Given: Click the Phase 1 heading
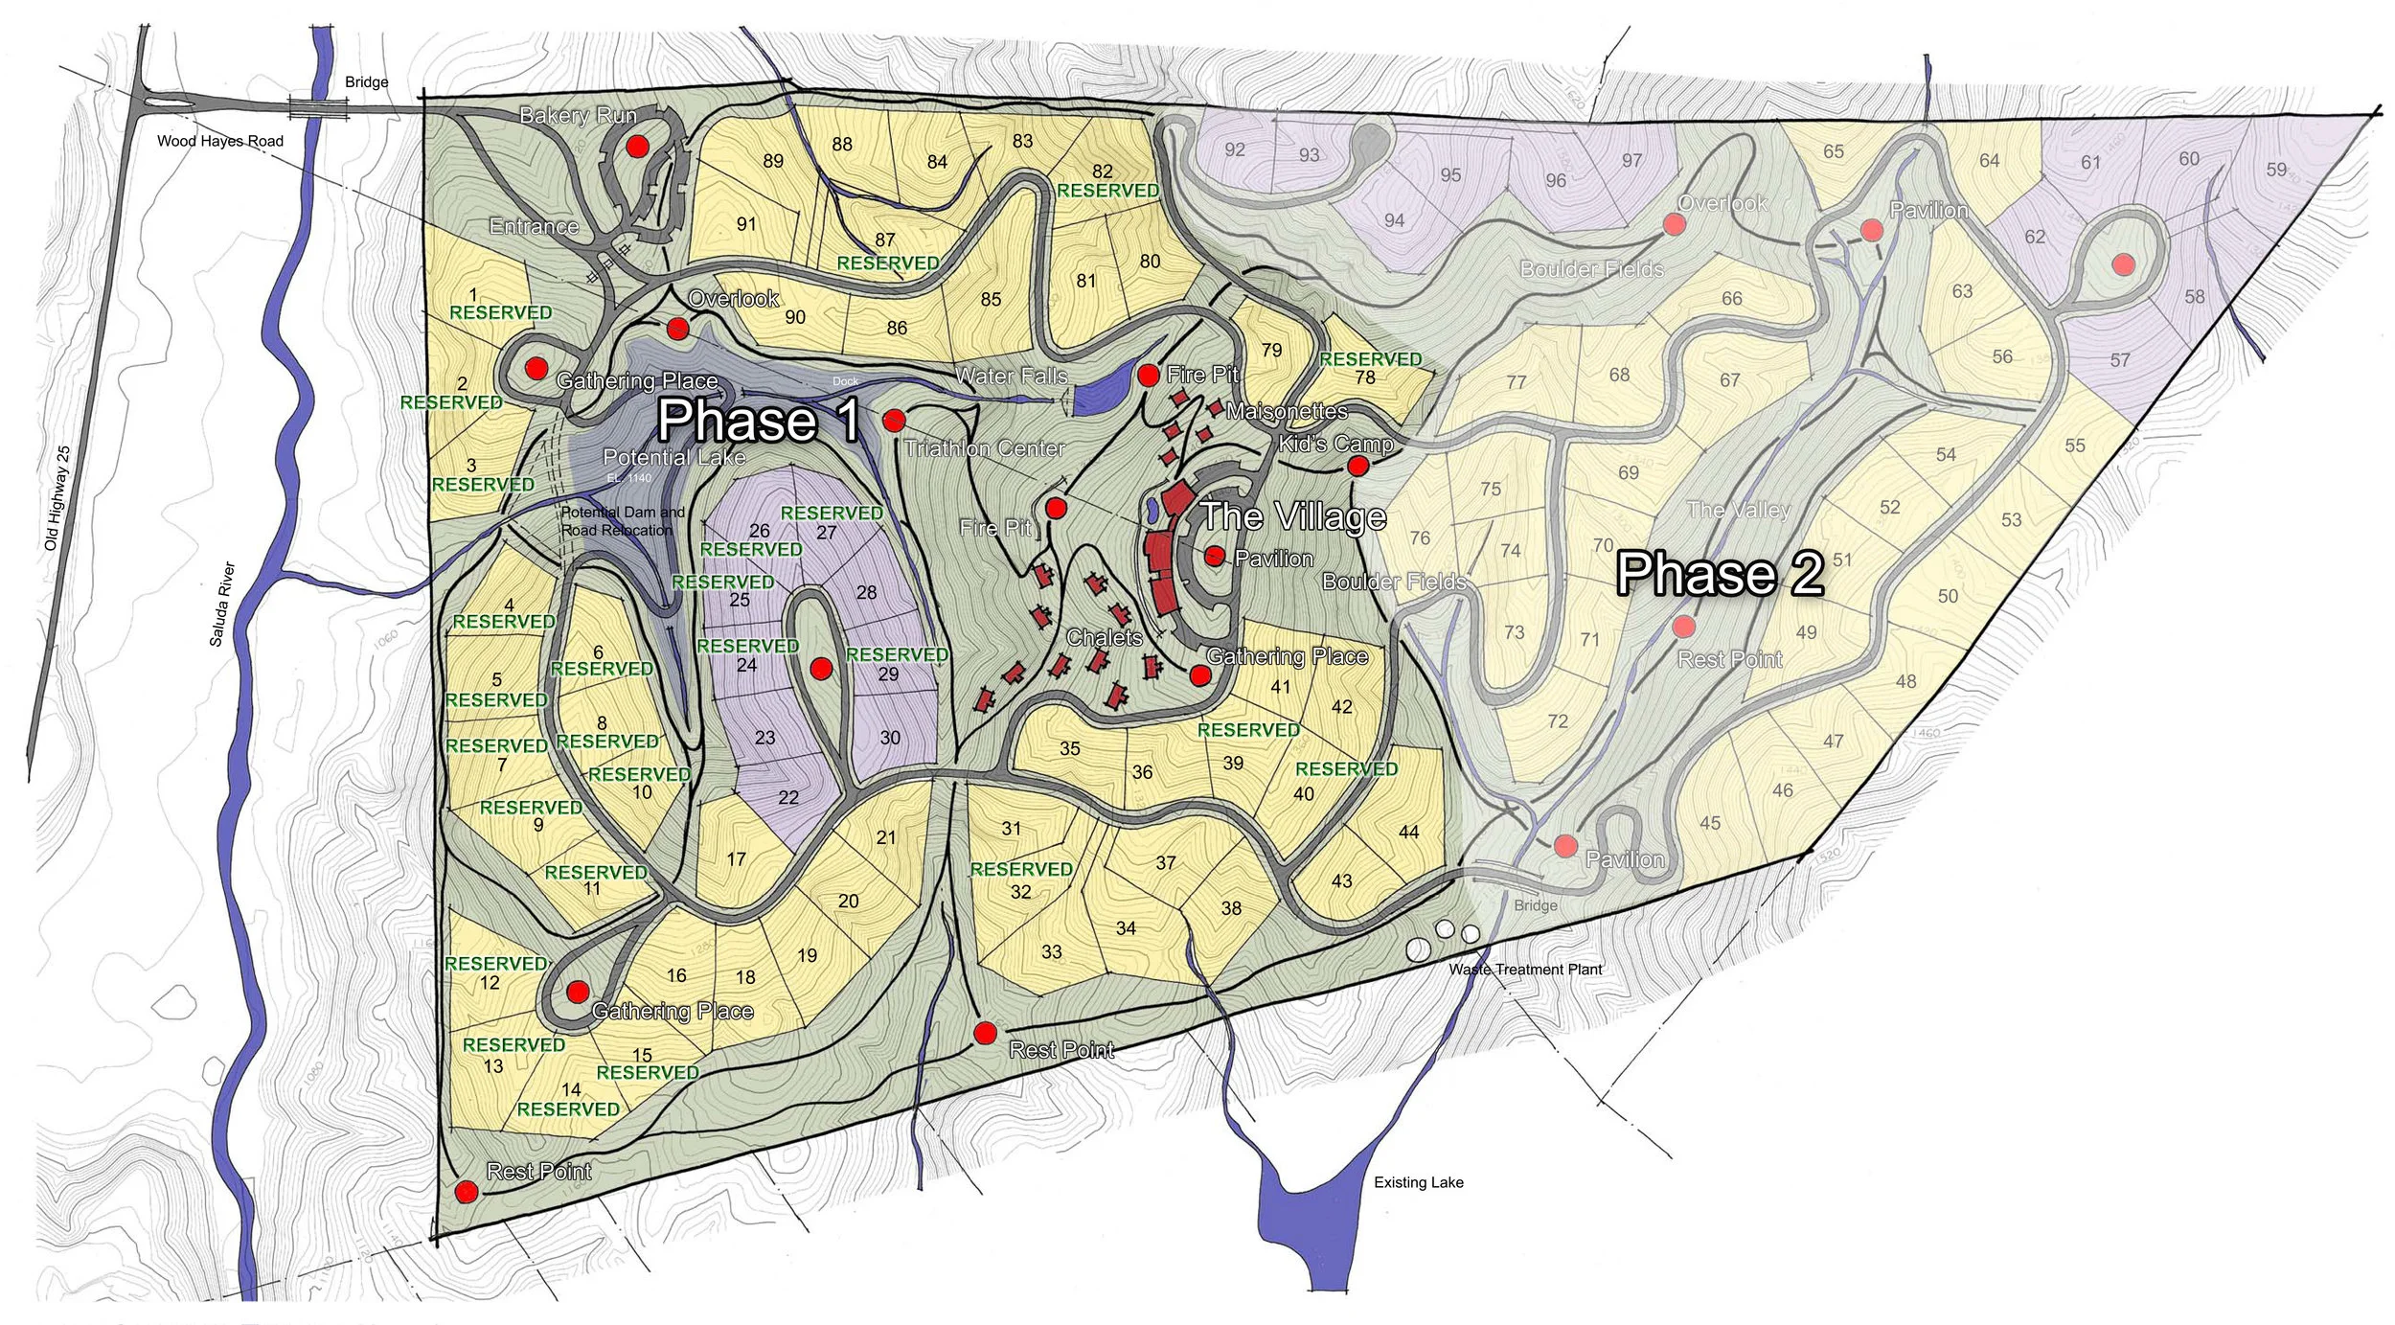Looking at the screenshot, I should click(x=758, y=421).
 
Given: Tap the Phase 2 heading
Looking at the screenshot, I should click(x=1720, y=574).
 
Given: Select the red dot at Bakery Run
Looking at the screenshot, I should click(x=637, y=147).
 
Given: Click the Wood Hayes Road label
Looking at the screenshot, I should click(x=219, y=141).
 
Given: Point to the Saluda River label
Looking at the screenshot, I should click(x=221, y=604).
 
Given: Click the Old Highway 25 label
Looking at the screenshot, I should click(x=57, y=497).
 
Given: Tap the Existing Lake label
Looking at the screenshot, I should click(x=1418, y=1182).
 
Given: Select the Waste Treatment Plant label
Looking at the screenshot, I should click(x=1525, y=970).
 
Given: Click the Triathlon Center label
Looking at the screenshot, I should click(x=984, y=448).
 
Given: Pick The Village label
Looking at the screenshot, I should click(x=1292, y=516).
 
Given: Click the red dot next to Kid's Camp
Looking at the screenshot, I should click(x=1357, y=467).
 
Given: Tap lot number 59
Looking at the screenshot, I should click(x=2276, y=170).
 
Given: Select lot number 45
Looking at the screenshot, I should click(x=1709, y=823).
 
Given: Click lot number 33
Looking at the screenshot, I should click(x=1051, y=951).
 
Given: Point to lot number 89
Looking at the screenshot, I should click(x=773, y=161).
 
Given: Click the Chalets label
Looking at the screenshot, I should click(x=1104, y=638).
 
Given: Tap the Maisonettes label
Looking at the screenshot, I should click(x=1286, y=412).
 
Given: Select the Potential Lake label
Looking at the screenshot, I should click(x=673, y=458).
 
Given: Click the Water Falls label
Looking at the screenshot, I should click(x=1012, y=377).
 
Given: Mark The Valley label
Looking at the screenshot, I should click(x=1738, y=510).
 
